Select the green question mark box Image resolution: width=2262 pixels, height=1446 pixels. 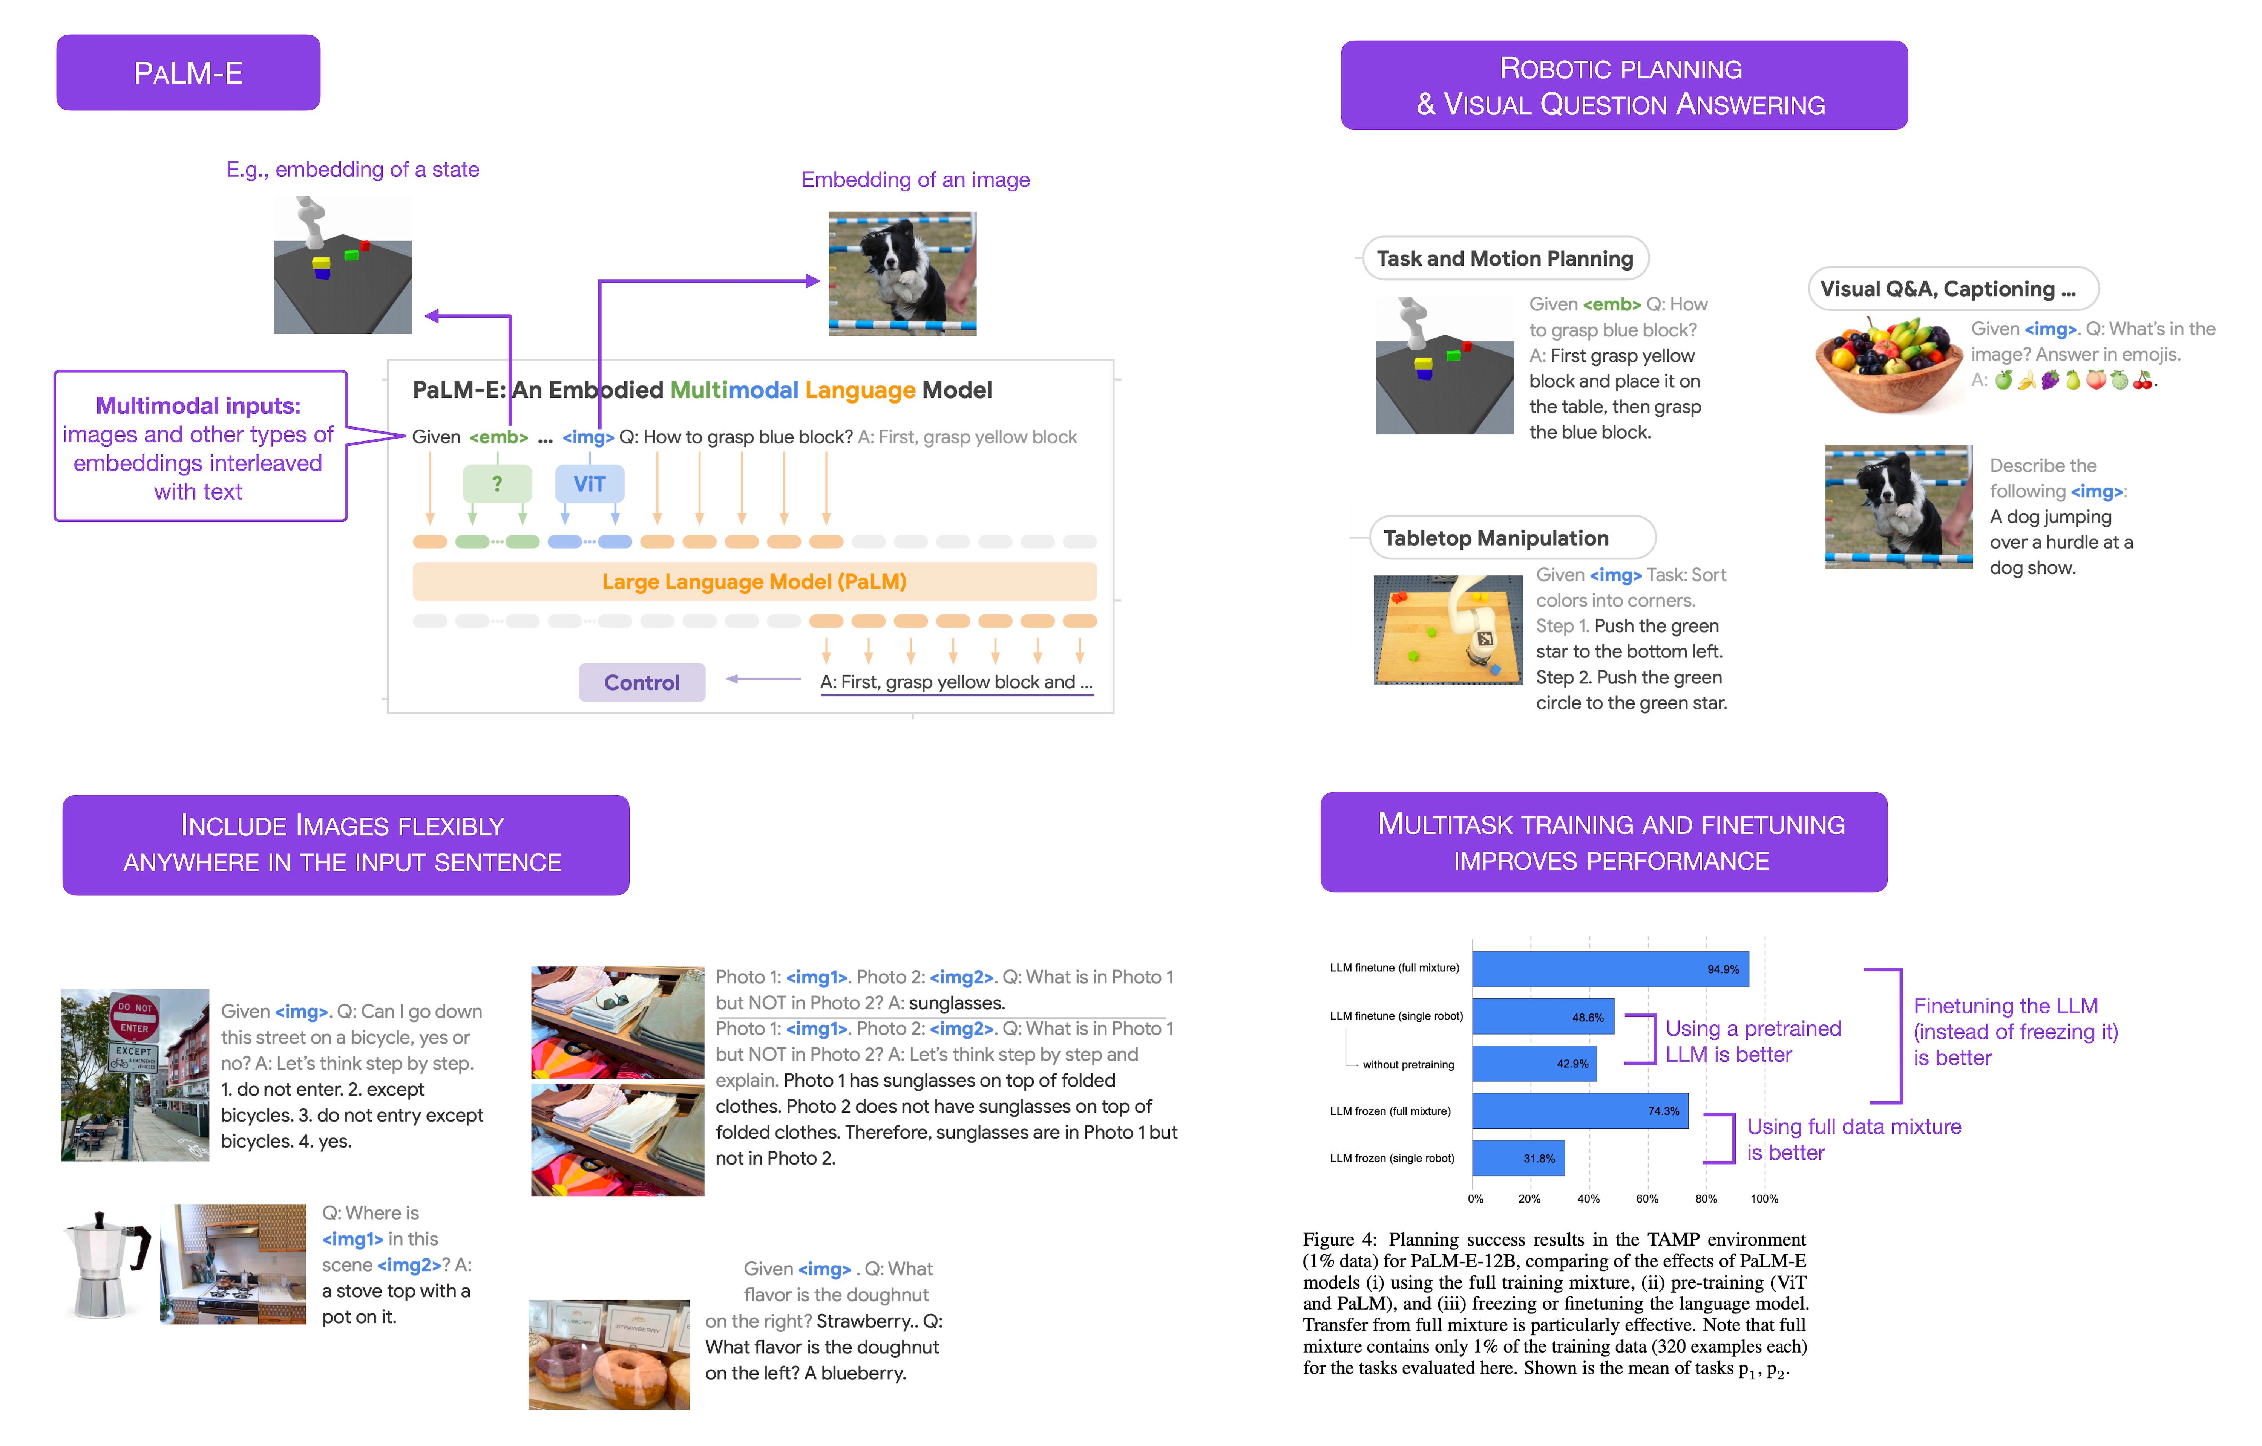pyautogui.click(x=497, y=483)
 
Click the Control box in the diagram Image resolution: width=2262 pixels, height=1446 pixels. pyautogui.click(x=642, y=683)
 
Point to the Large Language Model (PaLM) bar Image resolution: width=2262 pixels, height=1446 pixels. pyautogui.click(x=754, y=581)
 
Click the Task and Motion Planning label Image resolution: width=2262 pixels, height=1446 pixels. pyautogui.click(x=1505, y=258)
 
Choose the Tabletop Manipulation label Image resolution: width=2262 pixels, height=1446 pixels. pyautogui.click(x=1496, y=538)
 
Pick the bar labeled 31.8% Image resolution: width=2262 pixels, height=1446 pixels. pyautogui.click(x=1518, y=1158)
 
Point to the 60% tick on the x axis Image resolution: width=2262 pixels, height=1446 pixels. pyautogui.click(x=1647, y=1199)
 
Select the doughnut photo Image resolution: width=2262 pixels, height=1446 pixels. pyautogui.click(x=609, y=1354)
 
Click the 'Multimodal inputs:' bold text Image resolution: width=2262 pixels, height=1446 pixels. pyautogui.click(x=198, y=406)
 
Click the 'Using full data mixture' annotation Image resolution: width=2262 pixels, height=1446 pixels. pyautogui.click(x=1853, y=1127)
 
